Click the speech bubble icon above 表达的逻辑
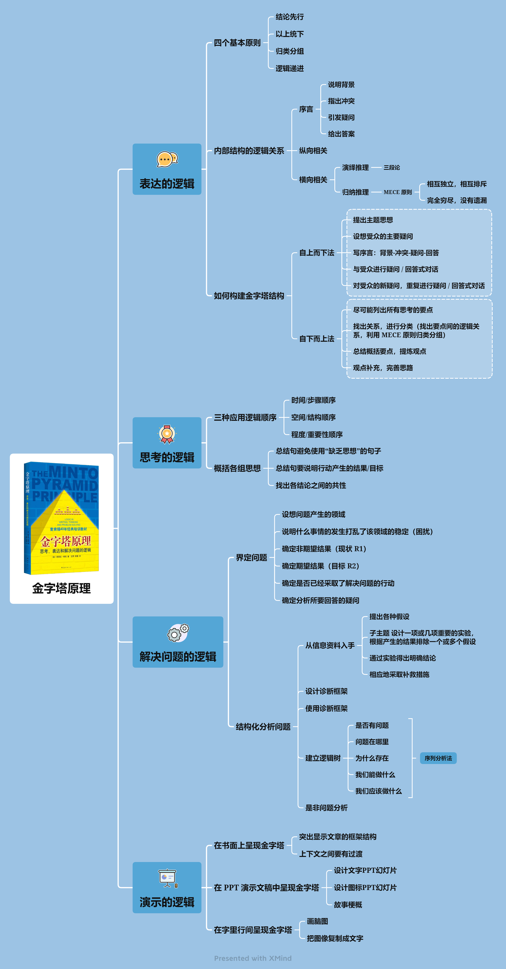point(167,159)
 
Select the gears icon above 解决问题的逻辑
point(178,633)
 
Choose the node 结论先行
point(290,17)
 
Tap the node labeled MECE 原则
point(397,192)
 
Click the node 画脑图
point(317,921)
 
